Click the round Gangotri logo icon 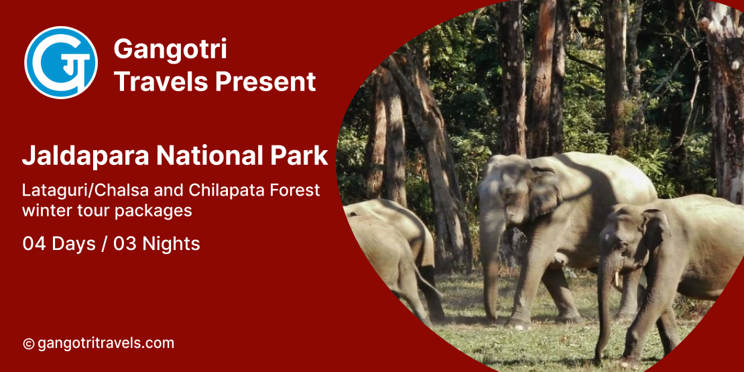point(61,62)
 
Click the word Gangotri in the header point(170,50)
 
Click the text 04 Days point(59,243)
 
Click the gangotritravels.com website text point(105,343)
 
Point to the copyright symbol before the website point(28,344)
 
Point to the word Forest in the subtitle point(294,190)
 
